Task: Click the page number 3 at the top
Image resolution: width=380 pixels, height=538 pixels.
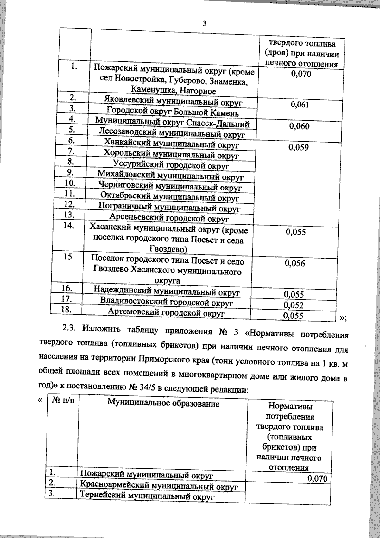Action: pos(205,23)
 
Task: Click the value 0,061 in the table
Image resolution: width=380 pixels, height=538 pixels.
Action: pos(300,105)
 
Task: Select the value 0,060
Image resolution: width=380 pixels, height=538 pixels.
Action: pos(299,126)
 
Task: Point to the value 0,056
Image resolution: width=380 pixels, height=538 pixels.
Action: pos(295,264)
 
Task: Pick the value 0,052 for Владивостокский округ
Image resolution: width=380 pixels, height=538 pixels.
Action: pos(294,305)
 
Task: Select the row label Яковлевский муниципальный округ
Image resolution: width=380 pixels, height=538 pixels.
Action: pos(173,102)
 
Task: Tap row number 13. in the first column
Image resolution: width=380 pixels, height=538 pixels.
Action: pos(69,215)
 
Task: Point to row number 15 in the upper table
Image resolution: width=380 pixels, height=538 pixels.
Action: pos(67,257)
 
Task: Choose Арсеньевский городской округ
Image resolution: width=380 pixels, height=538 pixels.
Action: pos(169,218)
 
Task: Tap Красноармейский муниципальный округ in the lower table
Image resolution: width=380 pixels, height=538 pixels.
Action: pos(158,486)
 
